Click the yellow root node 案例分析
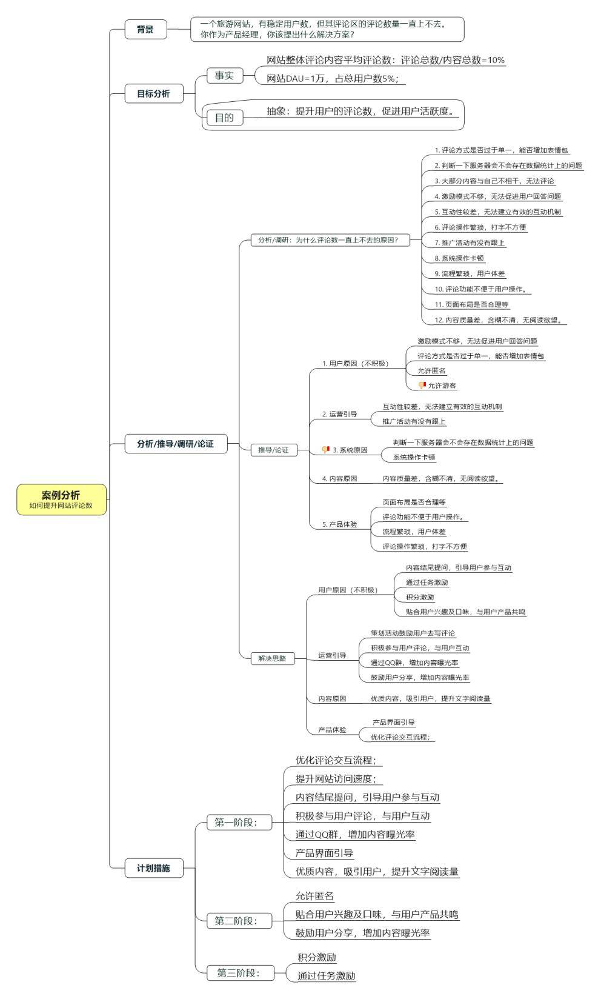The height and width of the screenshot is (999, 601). [x=61, y=499]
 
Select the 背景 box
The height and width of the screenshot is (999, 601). [x=145, y=29]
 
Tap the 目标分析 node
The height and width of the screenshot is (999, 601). [x=153, y=94]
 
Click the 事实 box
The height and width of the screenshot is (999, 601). [x=224, y=76]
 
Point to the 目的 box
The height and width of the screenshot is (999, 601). [x=224, y=118]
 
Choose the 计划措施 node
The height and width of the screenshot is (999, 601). [x=153, y=868]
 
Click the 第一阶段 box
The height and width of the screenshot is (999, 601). [x=236, y=823]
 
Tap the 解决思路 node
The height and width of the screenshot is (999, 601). [x=272, y=658]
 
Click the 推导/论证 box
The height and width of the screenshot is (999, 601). [x=273, y=450]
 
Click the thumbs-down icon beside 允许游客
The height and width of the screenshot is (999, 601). [x=422, y=385]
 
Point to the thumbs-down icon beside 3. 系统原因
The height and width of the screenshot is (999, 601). [x=326, y=450]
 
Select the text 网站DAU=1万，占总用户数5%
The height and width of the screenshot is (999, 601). [x=336, y=78]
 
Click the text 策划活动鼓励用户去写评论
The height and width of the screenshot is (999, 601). [x=413, y=633]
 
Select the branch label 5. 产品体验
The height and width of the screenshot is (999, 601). [x=339, y=524]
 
